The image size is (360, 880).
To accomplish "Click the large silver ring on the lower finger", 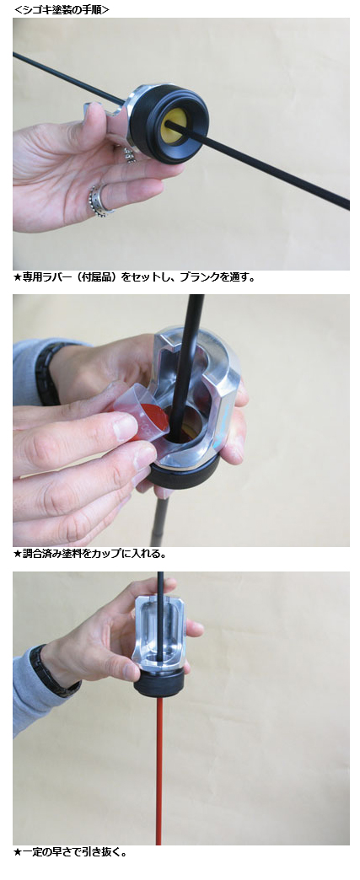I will click(x=100, y=201).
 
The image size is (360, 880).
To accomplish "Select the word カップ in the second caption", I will click(x=111, y=554).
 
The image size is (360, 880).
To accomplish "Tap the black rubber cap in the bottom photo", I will click(x=159, y=685).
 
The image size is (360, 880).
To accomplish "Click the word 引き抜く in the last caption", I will click(x=101, y=852).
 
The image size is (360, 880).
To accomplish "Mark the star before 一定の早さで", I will click(x=18, y=852).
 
